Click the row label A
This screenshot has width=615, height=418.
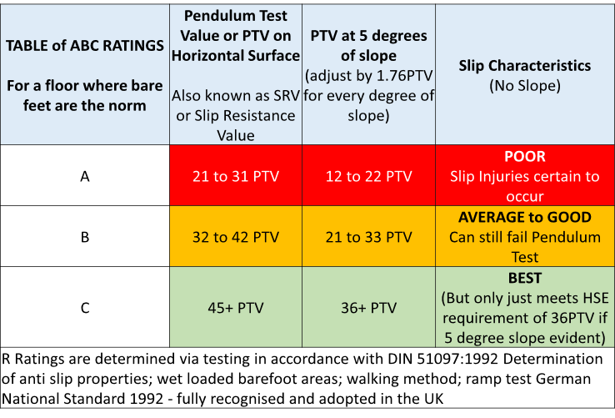pyautogui.click(x=84, y=176)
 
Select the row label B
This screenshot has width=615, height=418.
pyautogui.click(x=84, y=237)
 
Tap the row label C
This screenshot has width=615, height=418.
pyautogui.click(x=84, y=308)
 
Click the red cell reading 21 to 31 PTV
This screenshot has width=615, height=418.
pyautogui.click(x=236, y=176)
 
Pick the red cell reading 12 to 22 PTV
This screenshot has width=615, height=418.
pyautogui.click(x=370, y=176)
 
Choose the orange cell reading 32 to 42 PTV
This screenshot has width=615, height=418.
pyautogui.click(x=236, y=237)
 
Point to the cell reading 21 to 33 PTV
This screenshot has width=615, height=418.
pyautogui.click(x=370, y=237)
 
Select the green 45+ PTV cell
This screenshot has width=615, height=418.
pyautogui.click(x=236, y=308)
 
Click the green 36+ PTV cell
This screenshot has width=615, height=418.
pyautogui.click(x=370, y=308)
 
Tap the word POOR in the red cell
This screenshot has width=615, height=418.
pyautogui.click(x=525, y=157)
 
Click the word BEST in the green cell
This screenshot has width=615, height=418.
pyautogui.click(x=525, y=278)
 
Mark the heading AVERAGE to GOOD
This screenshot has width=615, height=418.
pyautogui.click(x=525, y=217)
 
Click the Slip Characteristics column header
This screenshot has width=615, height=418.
pyautogui.click(x=525, y=65)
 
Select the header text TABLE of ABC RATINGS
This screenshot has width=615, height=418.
pyautogui.click(x=84, y=46)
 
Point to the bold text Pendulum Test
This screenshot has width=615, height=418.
pyautogui.click(x=236, y=16)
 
